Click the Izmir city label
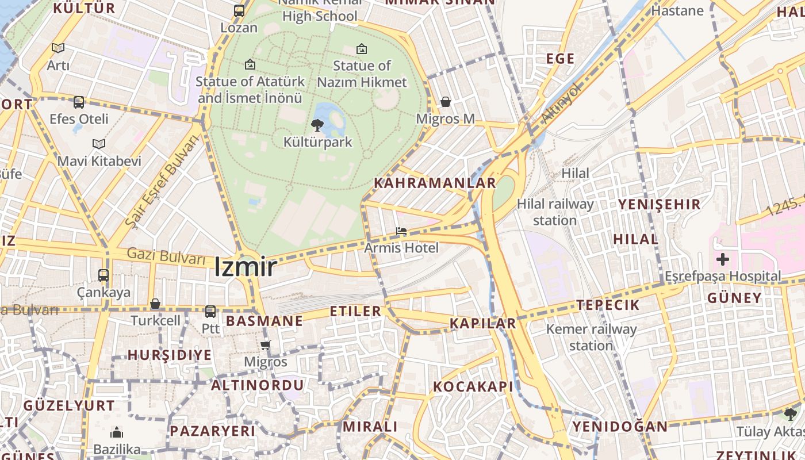[246, 267]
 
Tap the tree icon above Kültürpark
[317, 125]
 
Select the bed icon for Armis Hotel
[401, 231]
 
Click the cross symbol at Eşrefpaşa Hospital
[722, 259]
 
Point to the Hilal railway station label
[555, 212]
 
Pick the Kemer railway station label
[591, 337]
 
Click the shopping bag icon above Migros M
[445, 102]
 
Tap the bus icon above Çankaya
[103, 275]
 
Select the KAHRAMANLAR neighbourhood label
[435, 183]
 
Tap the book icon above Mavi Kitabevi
[99, 144]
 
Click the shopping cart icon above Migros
[265, 346]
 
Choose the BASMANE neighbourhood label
[264, 321]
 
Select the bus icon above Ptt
[210, 312]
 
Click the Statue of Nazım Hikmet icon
[361, 49]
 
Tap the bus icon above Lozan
[239, 11]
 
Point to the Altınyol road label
[562, 105]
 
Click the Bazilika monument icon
[117, 432]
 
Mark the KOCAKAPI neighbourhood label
[473, 387]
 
